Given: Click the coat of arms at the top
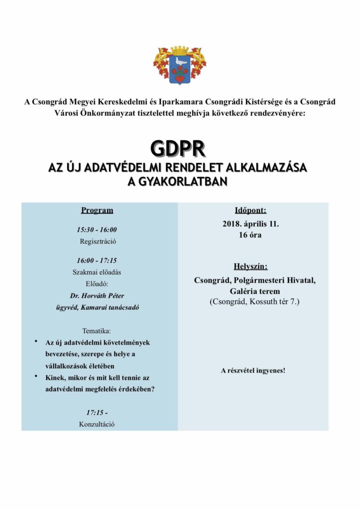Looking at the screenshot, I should pyautogui.click(x=180, y=66).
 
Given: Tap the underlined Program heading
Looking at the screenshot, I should pyautogui.click(x=97, y=210).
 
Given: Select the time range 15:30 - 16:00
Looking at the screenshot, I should pyautogui.click(x=97, y=230).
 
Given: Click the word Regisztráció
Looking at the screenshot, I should pyautogui.click(x=97, y=242).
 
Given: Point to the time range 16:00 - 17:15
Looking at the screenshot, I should pyautogui.click(x=97, y=260).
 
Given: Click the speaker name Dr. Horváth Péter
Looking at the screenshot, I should pyautogui.click(x=97, y=295).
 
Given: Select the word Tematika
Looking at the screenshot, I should pyautogui.click(x=97, y=330).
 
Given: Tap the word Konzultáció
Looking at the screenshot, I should pyautogui.click(x=97, y=424).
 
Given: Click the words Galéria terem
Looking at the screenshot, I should pyautogui.click(x=255, y=291).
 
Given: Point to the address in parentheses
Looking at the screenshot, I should pyautogui.click(x=254, y=301).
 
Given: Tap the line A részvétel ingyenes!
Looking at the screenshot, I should pyautogui.click(x=253, y=371).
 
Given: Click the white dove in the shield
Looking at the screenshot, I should pyautogui.click(x=180, y=63).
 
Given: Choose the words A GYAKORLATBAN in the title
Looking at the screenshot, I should pyautogui.click(x=178, y=182).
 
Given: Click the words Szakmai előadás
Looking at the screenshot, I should pyautogui.click(x=97, y=272).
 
